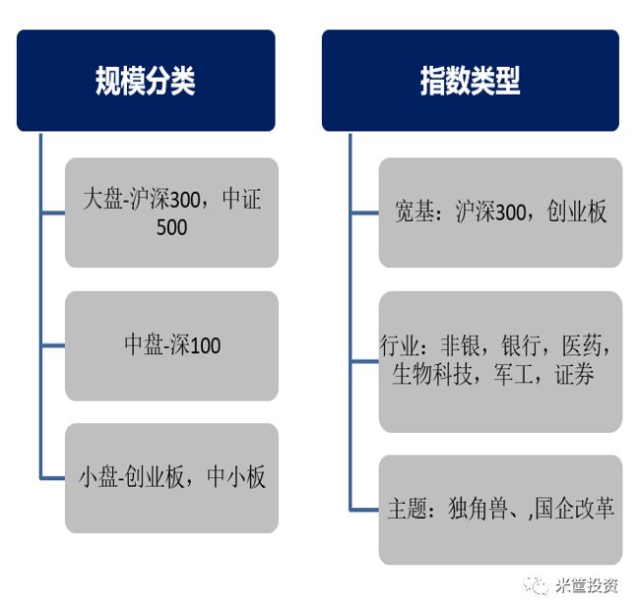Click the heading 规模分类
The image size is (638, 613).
click(x=145, y=81)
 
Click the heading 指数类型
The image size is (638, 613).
click(x=470, y=81)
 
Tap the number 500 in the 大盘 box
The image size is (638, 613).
click(x=171, y=227)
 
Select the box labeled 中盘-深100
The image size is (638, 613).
click(x=171, y=345)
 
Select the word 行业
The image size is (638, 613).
click(x=399, y=347)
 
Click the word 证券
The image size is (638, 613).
click(x=574, y=375)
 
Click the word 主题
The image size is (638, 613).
click(x=407, y=509)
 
